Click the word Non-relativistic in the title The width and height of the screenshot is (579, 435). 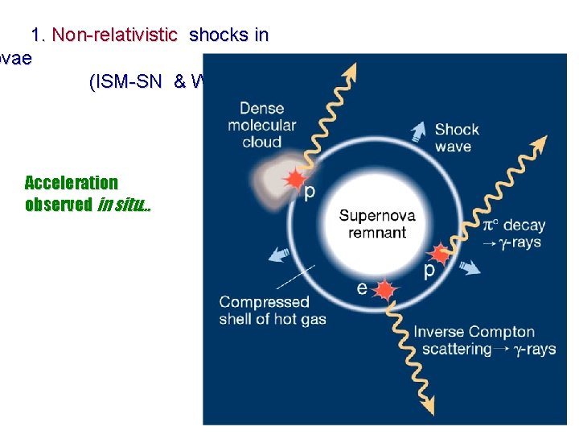pos(114,35)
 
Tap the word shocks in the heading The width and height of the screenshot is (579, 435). pos(220,35)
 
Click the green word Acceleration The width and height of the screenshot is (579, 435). pos(71,183)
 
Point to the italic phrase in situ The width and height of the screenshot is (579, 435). pos(123,205)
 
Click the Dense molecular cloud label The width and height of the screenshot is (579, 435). pos(262,125)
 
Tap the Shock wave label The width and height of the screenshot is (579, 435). pos(457,138)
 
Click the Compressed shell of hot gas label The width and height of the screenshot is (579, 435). pos(272,310)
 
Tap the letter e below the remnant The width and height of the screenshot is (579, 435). pos(363,288)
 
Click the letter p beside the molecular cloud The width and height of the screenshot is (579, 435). pos(309,192)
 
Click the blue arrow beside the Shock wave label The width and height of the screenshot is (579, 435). pos(417,130)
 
